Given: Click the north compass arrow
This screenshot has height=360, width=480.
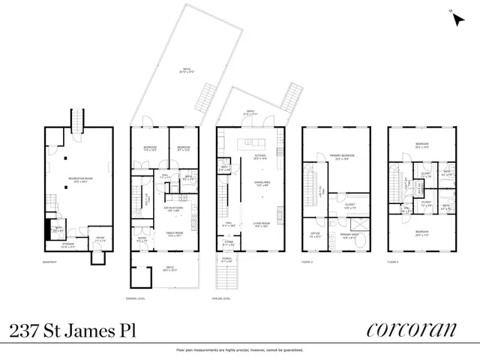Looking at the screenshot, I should (x=457, y=19).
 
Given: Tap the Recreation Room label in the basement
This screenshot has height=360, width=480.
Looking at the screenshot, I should (x=73, y=178).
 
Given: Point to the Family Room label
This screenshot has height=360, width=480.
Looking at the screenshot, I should (x=175, y=234).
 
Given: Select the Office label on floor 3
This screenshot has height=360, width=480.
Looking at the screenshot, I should (x=315, y=235).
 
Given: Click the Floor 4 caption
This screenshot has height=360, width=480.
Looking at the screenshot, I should (x=396, y=262).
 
